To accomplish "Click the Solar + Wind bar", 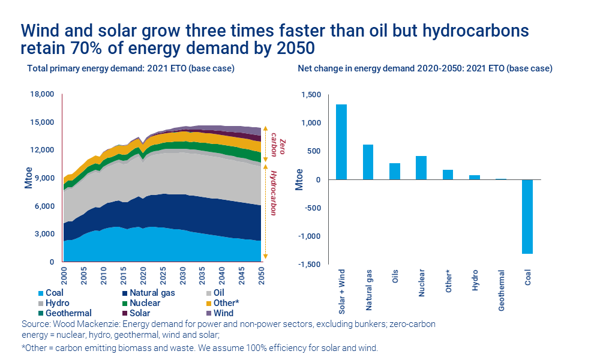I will point(341,142).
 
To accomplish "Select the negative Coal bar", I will point(527,217).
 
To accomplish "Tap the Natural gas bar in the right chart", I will point(368,162).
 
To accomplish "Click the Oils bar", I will point(394,171).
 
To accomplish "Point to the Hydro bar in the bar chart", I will point(474,177).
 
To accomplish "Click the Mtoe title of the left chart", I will point(28,179).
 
